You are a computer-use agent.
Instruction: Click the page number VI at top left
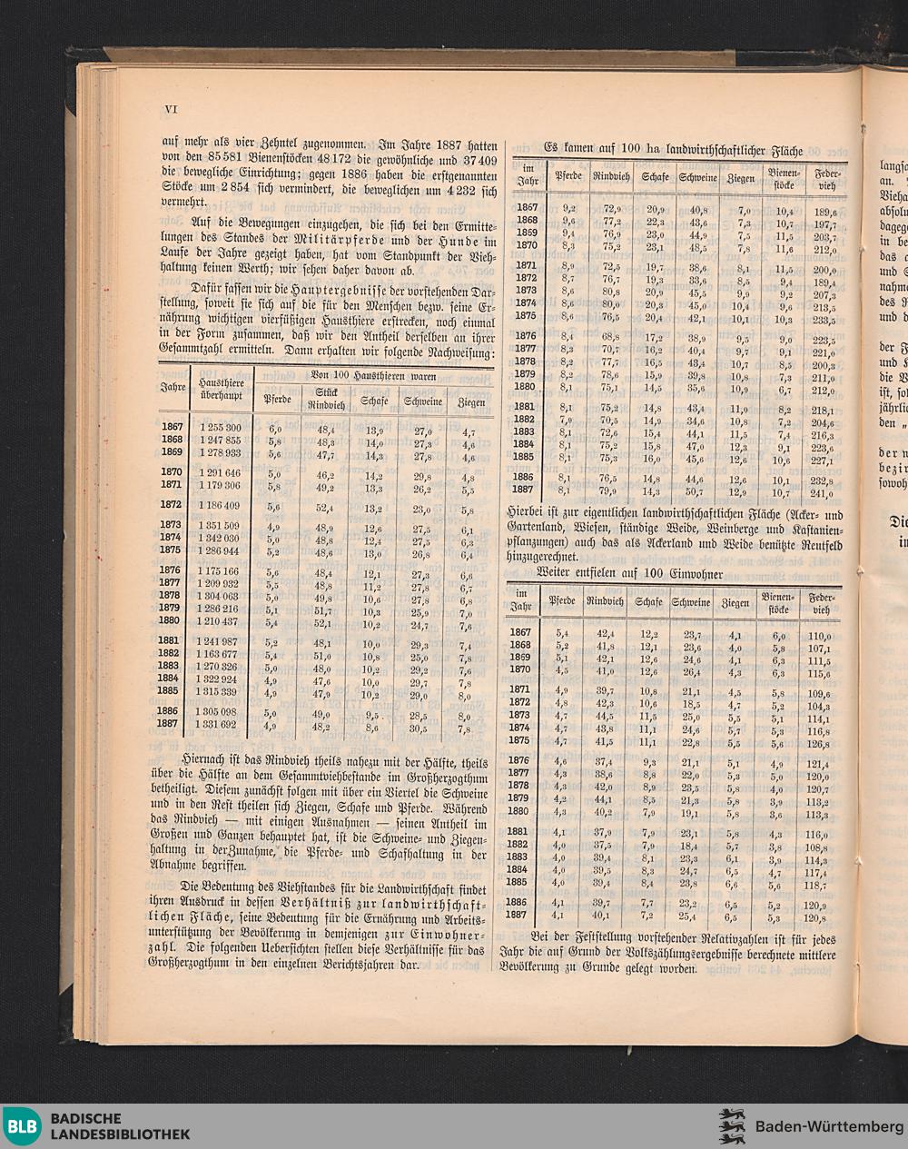[x=169, y=109]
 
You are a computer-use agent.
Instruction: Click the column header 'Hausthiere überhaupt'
[x=221, y=390]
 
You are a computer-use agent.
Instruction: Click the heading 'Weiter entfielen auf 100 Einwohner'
[x=629, y=573]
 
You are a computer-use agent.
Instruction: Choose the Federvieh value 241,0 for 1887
[x=824, y=494]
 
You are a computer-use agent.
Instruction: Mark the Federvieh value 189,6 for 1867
[x=824, y=212]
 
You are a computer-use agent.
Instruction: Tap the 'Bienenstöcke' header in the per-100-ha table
[x=782, y=178]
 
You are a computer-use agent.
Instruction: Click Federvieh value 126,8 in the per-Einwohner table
[x=818, y=741]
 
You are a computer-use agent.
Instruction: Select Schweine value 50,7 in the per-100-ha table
[x=695, y=492]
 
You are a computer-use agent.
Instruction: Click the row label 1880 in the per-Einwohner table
[x=518, y=811]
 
